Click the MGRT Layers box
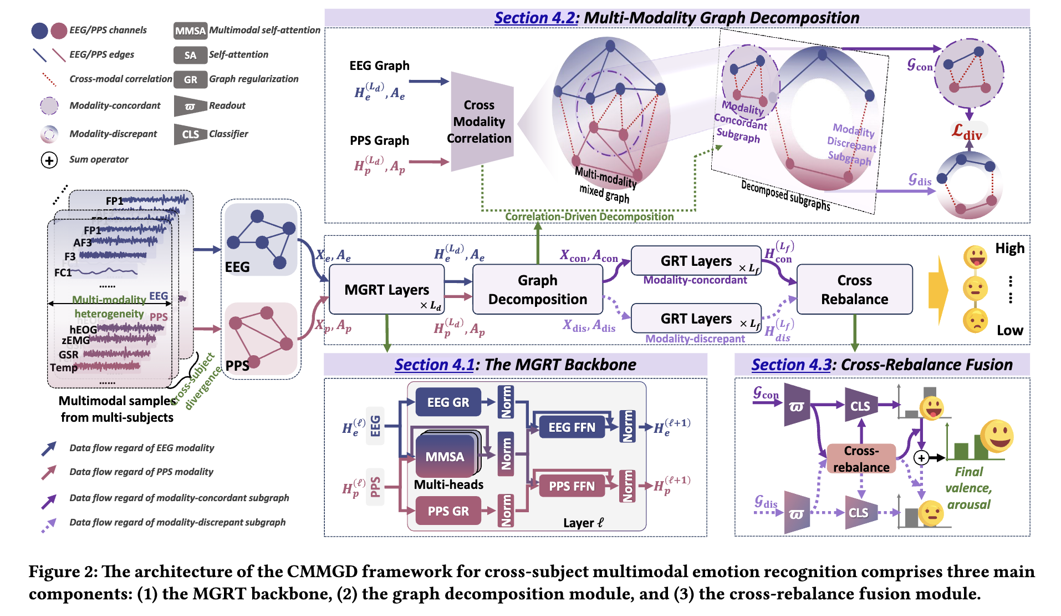(x=386, y=290)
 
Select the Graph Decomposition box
(x=537, y=290)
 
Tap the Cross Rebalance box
(x=854, y=290)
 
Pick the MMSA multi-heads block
(x=445, y=456)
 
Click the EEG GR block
(x=448, y=402)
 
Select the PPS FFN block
(x=572, y=486)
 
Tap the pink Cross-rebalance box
(x=861, y=459)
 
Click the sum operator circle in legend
(x=49, y=160)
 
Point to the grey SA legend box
(x=190, y=55)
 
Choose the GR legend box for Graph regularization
(x=190, y=79)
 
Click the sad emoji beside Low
(x=975, y=321)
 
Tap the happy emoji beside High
(x=975, y=256)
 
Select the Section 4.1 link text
(x=434, y=365)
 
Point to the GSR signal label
(x=69, y=355)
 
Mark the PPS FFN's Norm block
(x=628, y=486)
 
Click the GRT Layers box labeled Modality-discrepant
(x=696, y=319)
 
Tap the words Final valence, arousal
(x=968, y=488)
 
